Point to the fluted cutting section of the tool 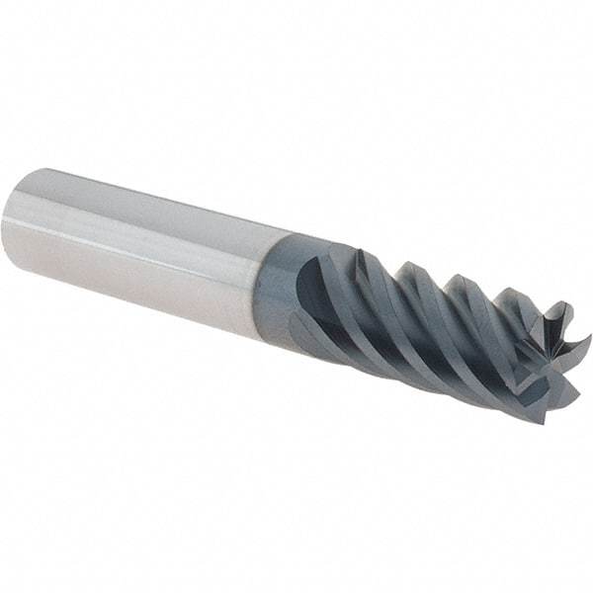click(445, 316)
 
